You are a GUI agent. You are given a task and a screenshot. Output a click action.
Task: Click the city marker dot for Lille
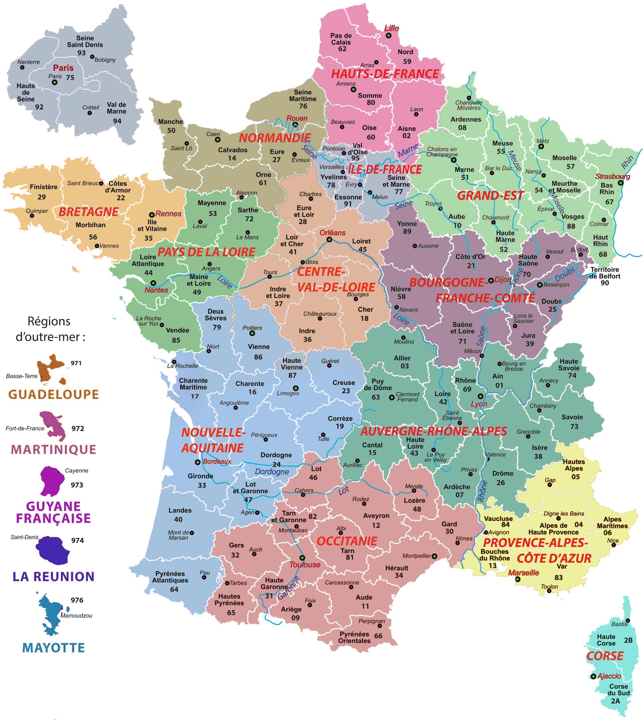tap(388, 36)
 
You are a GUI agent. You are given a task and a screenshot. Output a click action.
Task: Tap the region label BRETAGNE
tap(88, 212)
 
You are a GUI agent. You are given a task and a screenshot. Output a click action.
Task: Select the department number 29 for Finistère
tap(42, 197)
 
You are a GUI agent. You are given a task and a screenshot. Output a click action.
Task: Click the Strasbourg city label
tap(613, 176)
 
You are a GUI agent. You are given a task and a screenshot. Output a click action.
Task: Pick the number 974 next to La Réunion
tap(77, 540)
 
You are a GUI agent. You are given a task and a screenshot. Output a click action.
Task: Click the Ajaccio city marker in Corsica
tap(594, 676)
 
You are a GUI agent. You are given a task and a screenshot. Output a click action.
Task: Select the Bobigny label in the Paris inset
tap(105, 60)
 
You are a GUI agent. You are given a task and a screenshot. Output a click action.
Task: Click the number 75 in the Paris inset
tap(70, 77)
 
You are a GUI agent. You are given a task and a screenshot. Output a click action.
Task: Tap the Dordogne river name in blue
tap(272, 472)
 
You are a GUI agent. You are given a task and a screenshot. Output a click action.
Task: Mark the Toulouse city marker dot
tap(302, 558)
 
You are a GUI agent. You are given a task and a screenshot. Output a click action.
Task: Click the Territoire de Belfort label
tap(605, 273)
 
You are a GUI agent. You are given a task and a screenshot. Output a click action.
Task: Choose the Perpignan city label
tap(372, 621)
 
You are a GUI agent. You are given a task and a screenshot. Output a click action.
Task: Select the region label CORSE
tap(605, 656)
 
